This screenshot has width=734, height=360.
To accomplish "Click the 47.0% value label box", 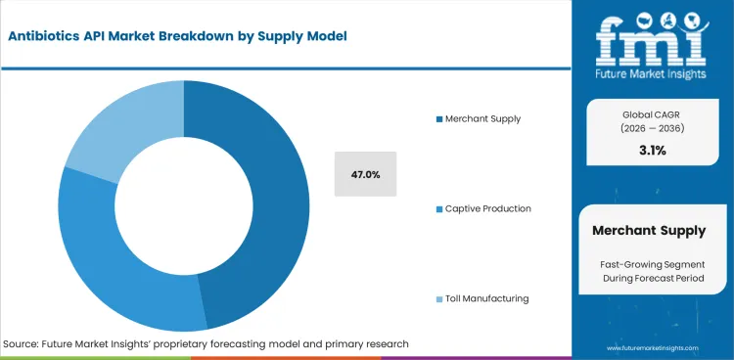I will (365, 174).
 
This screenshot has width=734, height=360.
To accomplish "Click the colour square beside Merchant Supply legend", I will (439, 118).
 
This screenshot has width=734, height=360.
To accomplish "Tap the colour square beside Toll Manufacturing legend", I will (439, 298).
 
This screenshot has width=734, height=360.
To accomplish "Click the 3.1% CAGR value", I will (652, 151).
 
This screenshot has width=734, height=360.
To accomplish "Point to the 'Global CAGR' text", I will (652, 113).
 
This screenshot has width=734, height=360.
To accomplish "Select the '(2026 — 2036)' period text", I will (652, 129).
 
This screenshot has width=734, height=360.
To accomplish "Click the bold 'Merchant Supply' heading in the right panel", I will (649, 231).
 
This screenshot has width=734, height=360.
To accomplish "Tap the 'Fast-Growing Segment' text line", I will (652, 265).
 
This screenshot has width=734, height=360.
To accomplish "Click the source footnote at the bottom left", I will (206, 344).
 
